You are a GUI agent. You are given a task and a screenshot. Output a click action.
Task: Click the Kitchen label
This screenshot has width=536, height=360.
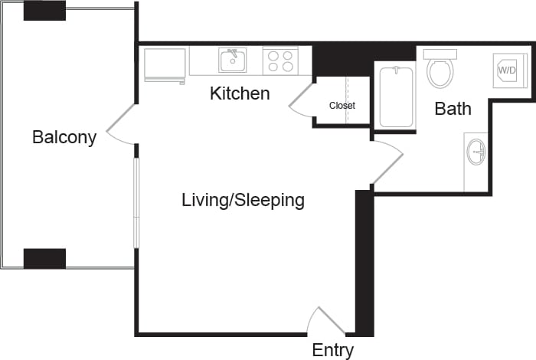240,94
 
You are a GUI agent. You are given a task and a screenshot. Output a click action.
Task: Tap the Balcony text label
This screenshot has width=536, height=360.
64,138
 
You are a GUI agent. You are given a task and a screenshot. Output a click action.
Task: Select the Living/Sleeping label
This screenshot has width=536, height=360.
243,201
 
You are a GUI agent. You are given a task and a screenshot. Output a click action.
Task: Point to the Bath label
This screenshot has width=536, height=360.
453,109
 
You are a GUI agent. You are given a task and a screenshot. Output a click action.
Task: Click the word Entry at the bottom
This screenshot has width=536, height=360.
332,351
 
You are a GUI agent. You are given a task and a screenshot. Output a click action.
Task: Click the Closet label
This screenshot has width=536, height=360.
342,106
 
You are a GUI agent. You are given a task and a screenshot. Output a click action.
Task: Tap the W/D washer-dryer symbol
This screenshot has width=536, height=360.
507,70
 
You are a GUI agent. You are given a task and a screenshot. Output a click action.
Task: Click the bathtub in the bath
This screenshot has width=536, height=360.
396,97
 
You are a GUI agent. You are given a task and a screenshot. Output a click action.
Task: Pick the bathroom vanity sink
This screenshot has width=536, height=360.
476,152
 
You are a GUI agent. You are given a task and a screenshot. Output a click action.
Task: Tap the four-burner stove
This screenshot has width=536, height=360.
280,61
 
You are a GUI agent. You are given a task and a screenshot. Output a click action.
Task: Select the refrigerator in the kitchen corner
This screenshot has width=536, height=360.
165,64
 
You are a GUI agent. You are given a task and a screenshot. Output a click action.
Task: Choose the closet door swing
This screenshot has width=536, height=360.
302,100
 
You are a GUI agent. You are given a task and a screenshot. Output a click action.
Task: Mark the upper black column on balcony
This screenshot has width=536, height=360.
44,11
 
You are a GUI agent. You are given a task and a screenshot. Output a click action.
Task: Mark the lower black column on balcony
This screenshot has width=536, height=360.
44,258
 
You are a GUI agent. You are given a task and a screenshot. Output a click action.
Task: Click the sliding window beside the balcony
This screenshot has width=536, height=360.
136,202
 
